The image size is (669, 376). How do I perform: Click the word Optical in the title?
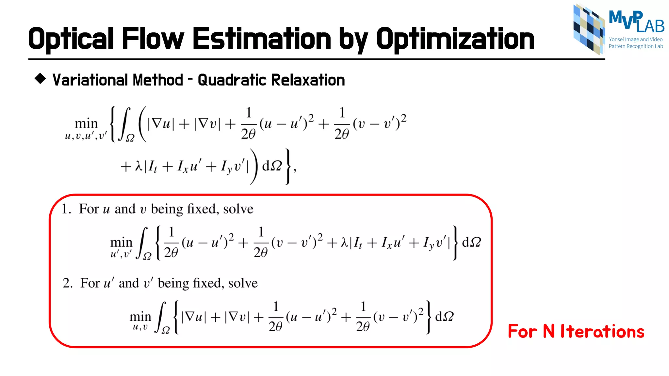click(71, 39)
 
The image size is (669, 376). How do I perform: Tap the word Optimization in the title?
click(455, 39)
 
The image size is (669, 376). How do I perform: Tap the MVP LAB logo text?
click(636, 22)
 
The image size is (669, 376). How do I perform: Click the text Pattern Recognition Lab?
click(636, 46)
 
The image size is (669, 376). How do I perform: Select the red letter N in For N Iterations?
click(549, 331)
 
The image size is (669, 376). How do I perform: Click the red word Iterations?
click(602, 331)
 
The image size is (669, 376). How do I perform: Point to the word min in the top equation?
click(86, 124)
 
